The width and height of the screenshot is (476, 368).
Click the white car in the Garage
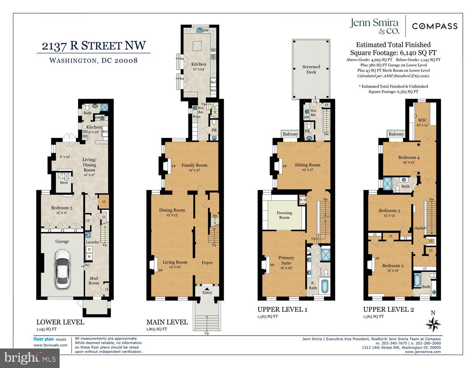62,269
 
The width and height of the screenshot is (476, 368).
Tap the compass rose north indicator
433,324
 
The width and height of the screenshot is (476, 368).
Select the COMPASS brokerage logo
434,26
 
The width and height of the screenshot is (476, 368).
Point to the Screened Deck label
311,69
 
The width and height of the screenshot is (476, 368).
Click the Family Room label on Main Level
194,165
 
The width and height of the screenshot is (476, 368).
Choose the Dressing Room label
284,215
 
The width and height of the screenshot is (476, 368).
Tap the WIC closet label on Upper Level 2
422,122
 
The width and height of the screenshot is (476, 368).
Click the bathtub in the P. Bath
324,286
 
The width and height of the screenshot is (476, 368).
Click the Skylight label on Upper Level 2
420,228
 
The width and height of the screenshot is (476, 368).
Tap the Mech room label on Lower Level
64,183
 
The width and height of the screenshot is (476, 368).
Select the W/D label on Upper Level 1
302,200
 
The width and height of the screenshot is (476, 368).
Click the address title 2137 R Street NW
93,46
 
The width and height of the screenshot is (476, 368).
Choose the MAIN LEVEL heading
167,322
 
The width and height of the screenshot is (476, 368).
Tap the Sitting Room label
307,165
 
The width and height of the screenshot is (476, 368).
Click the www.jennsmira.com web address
423,352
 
